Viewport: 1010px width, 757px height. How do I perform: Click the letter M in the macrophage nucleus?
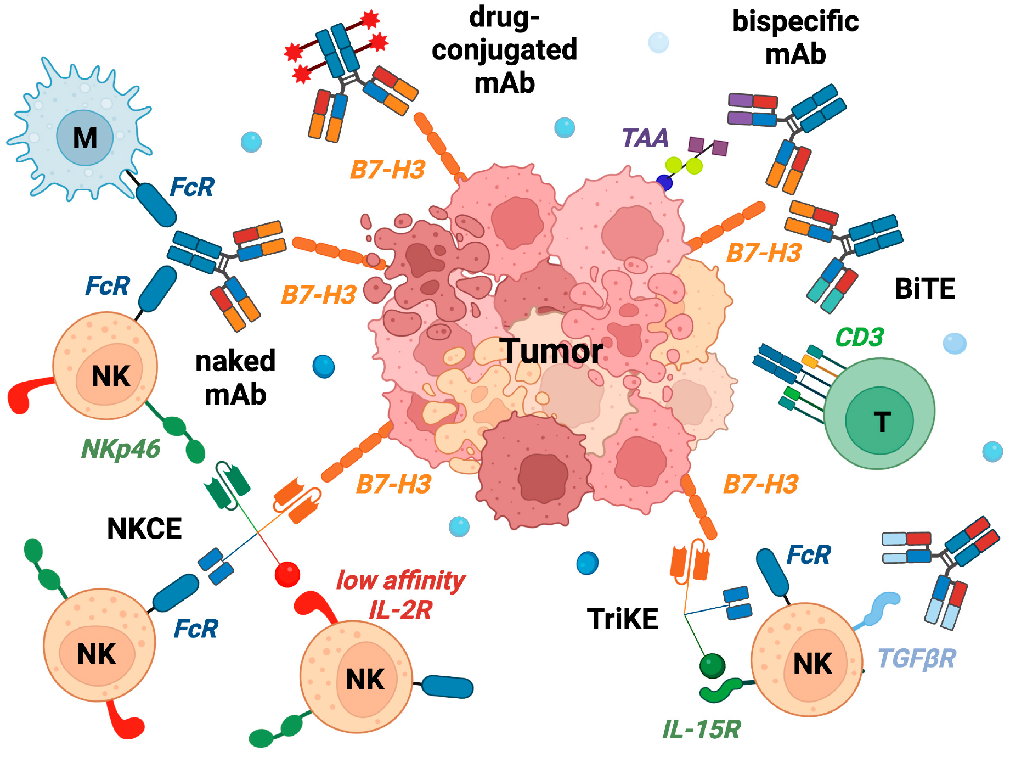point(85,137)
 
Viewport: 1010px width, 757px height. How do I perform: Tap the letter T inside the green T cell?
point(882,422)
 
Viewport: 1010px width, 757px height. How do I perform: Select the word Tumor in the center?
point(551,351)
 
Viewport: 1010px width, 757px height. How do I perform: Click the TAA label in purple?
point(646,138)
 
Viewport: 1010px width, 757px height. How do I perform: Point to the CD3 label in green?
point(860,337)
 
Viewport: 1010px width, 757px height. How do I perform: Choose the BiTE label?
point(925,289)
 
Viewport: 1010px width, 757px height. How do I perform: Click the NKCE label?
point(144,529)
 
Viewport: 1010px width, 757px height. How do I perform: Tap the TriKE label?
point(623,619)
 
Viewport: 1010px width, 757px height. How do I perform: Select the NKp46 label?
point(121,449)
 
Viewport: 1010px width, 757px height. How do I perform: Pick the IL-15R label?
point(702,730)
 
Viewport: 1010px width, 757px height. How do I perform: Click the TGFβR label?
point(917,658)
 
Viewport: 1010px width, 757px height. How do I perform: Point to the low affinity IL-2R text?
point(401,595)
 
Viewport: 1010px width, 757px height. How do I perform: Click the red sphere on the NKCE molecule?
point(287,574)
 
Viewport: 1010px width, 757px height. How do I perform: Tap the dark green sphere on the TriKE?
point(712,666)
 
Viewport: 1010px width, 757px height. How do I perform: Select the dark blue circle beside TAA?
point(664,183)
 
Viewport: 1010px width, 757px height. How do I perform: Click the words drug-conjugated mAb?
point(504,51)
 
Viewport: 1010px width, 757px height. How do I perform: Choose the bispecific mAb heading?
point(795,38)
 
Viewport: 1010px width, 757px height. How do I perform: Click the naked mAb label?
point(235,378)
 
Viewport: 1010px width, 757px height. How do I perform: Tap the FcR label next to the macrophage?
point(192,187)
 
